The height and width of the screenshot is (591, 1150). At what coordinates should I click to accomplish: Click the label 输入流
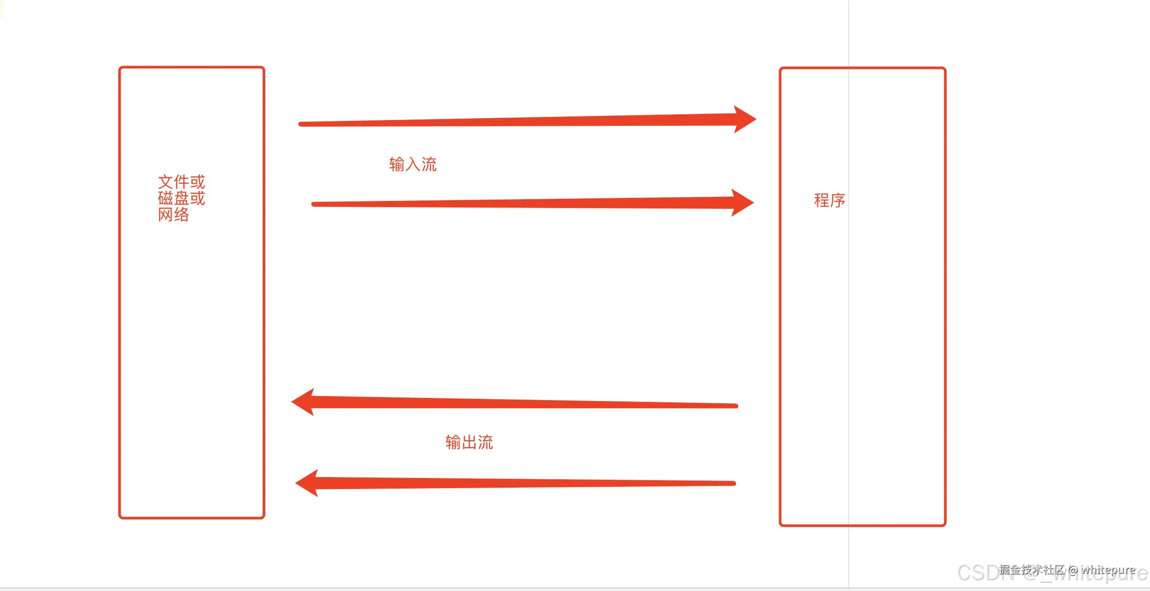tap(413, 164)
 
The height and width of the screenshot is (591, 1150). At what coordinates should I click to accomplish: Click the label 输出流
tap(469, 442)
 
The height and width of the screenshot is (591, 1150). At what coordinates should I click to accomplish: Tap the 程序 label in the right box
tap(829, 201)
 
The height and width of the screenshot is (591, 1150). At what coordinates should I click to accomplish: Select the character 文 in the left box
tap(165, 182)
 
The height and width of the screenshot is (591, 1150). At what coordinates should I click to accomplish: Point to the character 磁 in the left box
tap(165, 198)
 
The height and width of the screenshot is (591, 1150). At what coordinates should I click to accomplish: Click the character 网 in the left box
tap(165, 215)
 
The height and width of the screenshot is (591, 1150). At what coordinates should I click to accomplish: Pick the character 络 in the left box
tap(181, 215)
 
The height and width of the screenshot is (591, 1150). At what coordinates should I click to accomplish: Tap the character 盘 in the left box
tap(181, 198)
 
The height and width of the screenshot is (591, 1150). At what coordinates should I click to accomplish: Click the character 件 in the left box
tap(181, 182)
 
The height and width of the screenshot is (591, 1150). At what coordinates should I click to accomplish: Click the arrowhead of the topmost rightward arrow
tap(745, 119)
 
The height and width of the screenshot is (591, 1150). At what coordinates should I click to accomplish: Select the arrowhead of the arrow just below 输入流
tap(743, 203)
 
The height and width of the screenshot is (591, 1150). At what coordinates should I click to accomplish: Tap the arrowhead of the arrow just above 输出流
tap(303, 402)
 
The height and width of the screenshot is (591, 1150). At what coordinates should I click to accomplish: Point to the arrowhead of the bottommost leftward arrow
tap(307, 483)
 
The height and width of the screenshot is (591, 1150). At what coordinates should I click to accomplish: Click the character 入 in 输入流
tap(413, 164)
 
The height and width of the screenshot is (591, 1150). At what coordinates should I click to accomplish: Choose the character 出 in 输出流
tap(469, 442)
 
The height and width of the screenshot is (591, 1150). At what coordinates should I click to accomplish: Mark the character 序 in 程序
tap(838, 201)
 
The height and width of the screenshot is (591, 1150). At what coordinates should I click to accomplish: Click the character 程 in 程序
tap(821, 201)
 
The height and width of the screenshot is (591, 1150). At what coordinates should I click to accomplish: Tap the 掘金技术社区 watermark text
tap(1032, 569)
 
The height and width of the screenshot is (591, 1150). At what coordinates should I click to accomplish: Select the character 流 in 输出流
tap(485, 442)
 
